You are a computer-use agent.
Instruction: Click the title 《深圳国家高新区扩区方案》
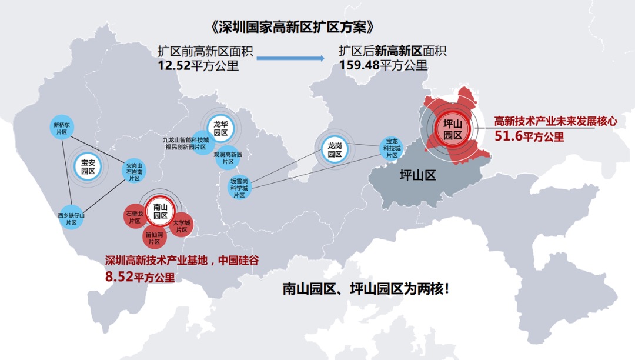coord(292,28)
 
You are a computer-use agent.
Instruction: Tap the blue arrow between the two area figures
coord(290,58)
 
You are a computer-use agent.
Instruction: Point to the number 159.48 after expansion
coord(359,65)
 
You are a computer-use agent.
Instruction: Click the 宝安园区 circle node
coord(88,167)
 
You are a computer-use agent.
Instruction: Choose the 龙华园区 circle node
coord(220,128)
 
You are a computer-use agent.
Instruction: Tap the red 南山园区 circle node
coord(161,211)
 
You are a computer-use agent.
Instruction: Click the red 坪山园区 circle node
coord(453,129)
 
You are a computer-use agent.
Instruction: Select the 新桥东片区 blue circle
coord(61,128)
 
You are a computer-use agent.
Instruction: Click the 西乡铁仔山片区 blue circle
coord(71,219)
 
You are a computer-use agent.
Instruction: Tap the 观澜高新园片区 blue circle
coord(228,158)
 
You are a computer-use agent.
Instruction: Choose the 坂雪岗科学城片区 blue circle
coord(239,188)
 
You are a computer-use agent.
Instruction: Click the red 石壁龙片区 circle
coord(135,217)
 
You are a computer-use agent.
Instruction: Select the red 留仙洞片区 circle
coord(155,238)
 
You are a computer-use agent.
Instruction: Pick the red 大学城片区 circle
coord(181,226)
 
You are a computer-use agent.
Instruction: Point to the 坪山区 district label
coord(417,175)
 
